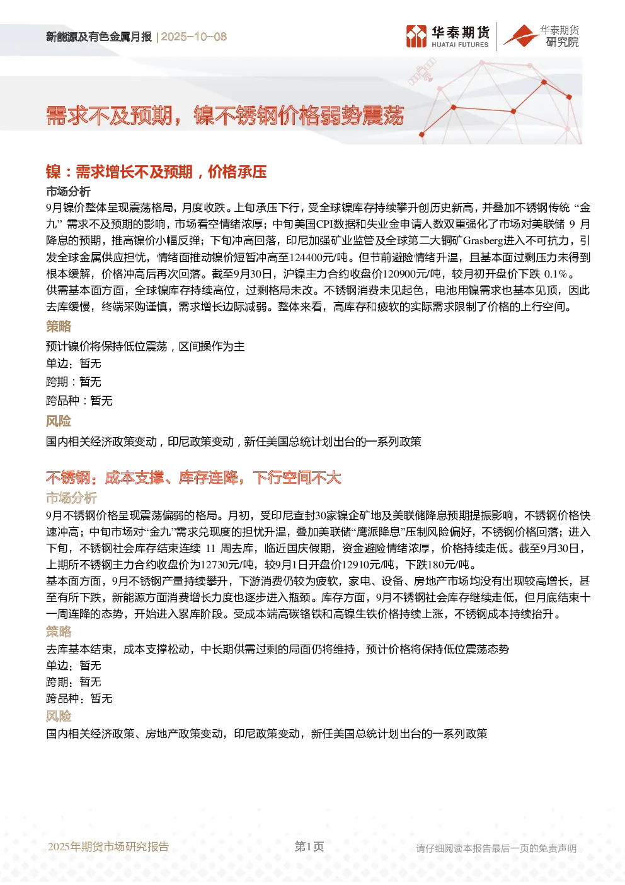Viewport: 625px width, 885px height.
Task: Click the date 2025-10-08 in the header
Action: [193, 37]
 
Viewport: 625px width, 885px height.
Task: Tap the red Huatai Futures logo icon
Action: [416, 37]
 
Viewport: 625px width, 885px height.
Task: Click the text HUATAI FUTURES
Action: [460, 45]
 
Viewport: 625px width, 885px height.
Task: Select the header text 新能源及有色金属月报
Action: [99, 37]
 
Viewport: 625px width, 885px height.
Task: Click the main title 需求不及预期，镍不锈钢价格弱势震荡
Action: [225, 115]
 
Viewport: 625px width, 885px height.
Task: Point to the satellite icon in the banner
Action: [421, 71]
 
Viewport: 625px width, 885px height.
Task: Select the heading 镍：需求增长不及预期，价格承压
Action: [156, 172]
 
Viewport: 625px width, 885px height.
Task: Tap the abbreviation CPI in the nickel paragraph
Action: [324, 224]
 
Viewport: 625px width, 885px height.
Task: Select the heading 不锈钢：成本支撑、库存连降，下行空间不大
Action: [193, 478]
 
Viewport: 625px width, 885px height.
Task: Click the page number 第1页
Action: [309, 846]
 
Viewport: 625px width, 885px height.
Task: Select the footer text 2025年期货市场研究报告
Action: [108, 847]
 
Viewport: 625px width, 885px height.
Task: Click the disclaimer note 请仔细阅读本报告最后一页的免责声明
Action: [496, 848]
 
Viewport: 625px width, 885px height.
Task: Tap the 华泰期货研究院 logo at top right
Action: [541, 36]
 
